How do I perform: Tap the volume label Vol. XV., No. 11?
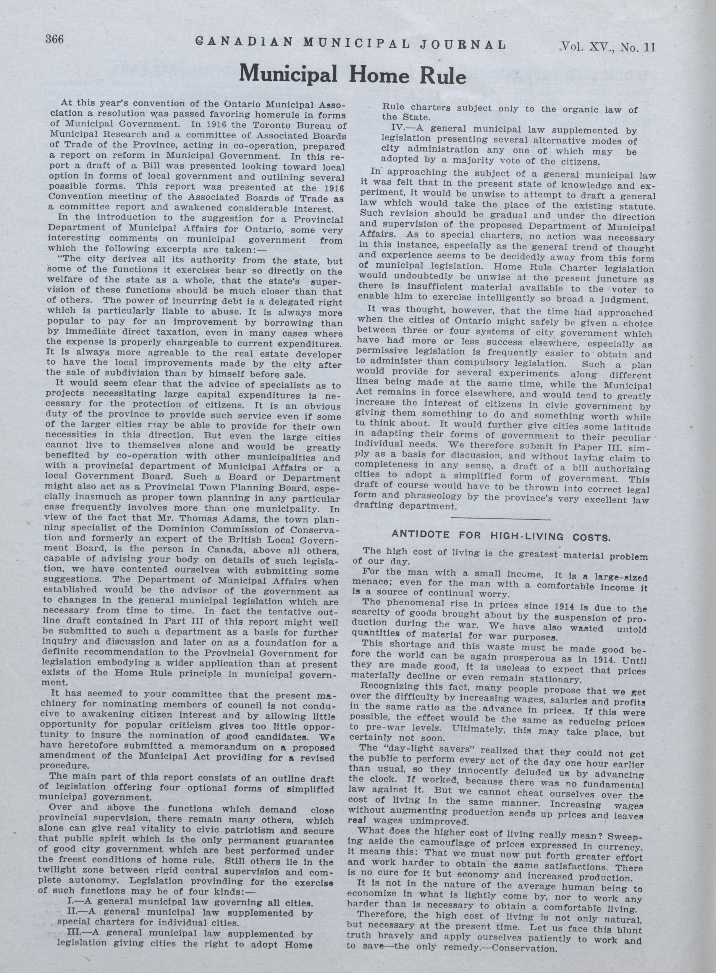point(608,47)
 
